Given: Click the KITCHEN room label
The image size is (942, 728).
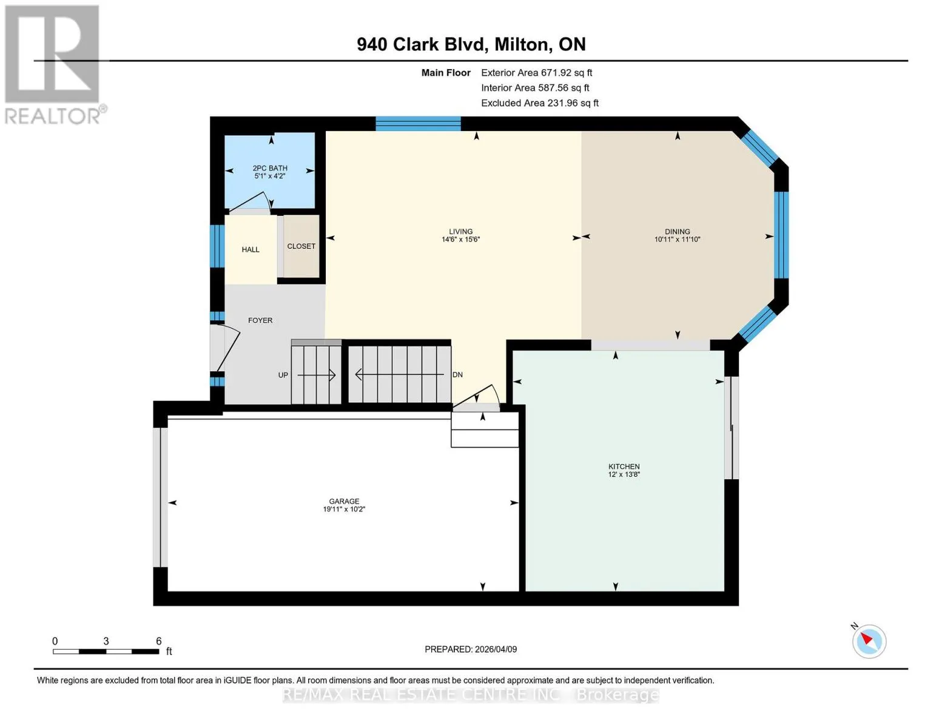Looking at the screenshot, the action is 624,467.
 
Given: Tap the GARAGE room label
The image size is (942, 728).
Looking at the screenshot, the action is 344,501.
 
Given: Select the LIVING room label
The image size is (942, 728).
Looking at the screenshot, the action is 460,232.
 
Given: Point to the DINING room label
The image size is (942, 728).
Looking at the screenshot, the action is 677,232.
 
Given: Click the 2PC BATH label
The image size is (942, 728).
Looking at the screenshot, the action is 270,168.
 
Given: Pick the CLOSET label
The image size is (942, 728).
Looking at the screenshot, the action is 301,246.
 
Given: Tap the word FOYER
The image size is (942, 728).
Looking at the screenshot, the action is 260,320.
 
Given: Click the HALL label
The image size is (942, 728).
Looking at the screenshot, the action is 250,250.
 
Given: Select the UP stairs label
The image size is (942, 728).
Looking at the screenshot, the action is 283,375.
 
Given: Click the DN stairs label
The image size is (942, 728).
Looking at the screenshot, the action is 457,375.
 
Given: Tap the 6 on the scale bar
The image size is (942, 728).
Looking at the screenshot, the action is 159,641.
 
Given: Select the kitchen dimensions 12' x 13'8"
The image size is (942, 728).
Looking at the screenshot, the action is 624,474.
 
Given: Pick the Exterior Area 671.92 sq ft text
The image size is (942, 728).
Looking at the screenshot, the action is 536,73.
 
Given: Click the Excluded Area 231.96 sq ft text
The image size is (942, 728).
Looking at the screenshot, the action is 540,103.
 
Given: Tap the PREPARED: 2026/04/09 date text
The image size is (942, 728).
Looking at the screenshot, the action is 470,650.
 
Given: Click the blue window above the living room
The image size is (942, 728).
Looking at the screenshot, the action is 418,124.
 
